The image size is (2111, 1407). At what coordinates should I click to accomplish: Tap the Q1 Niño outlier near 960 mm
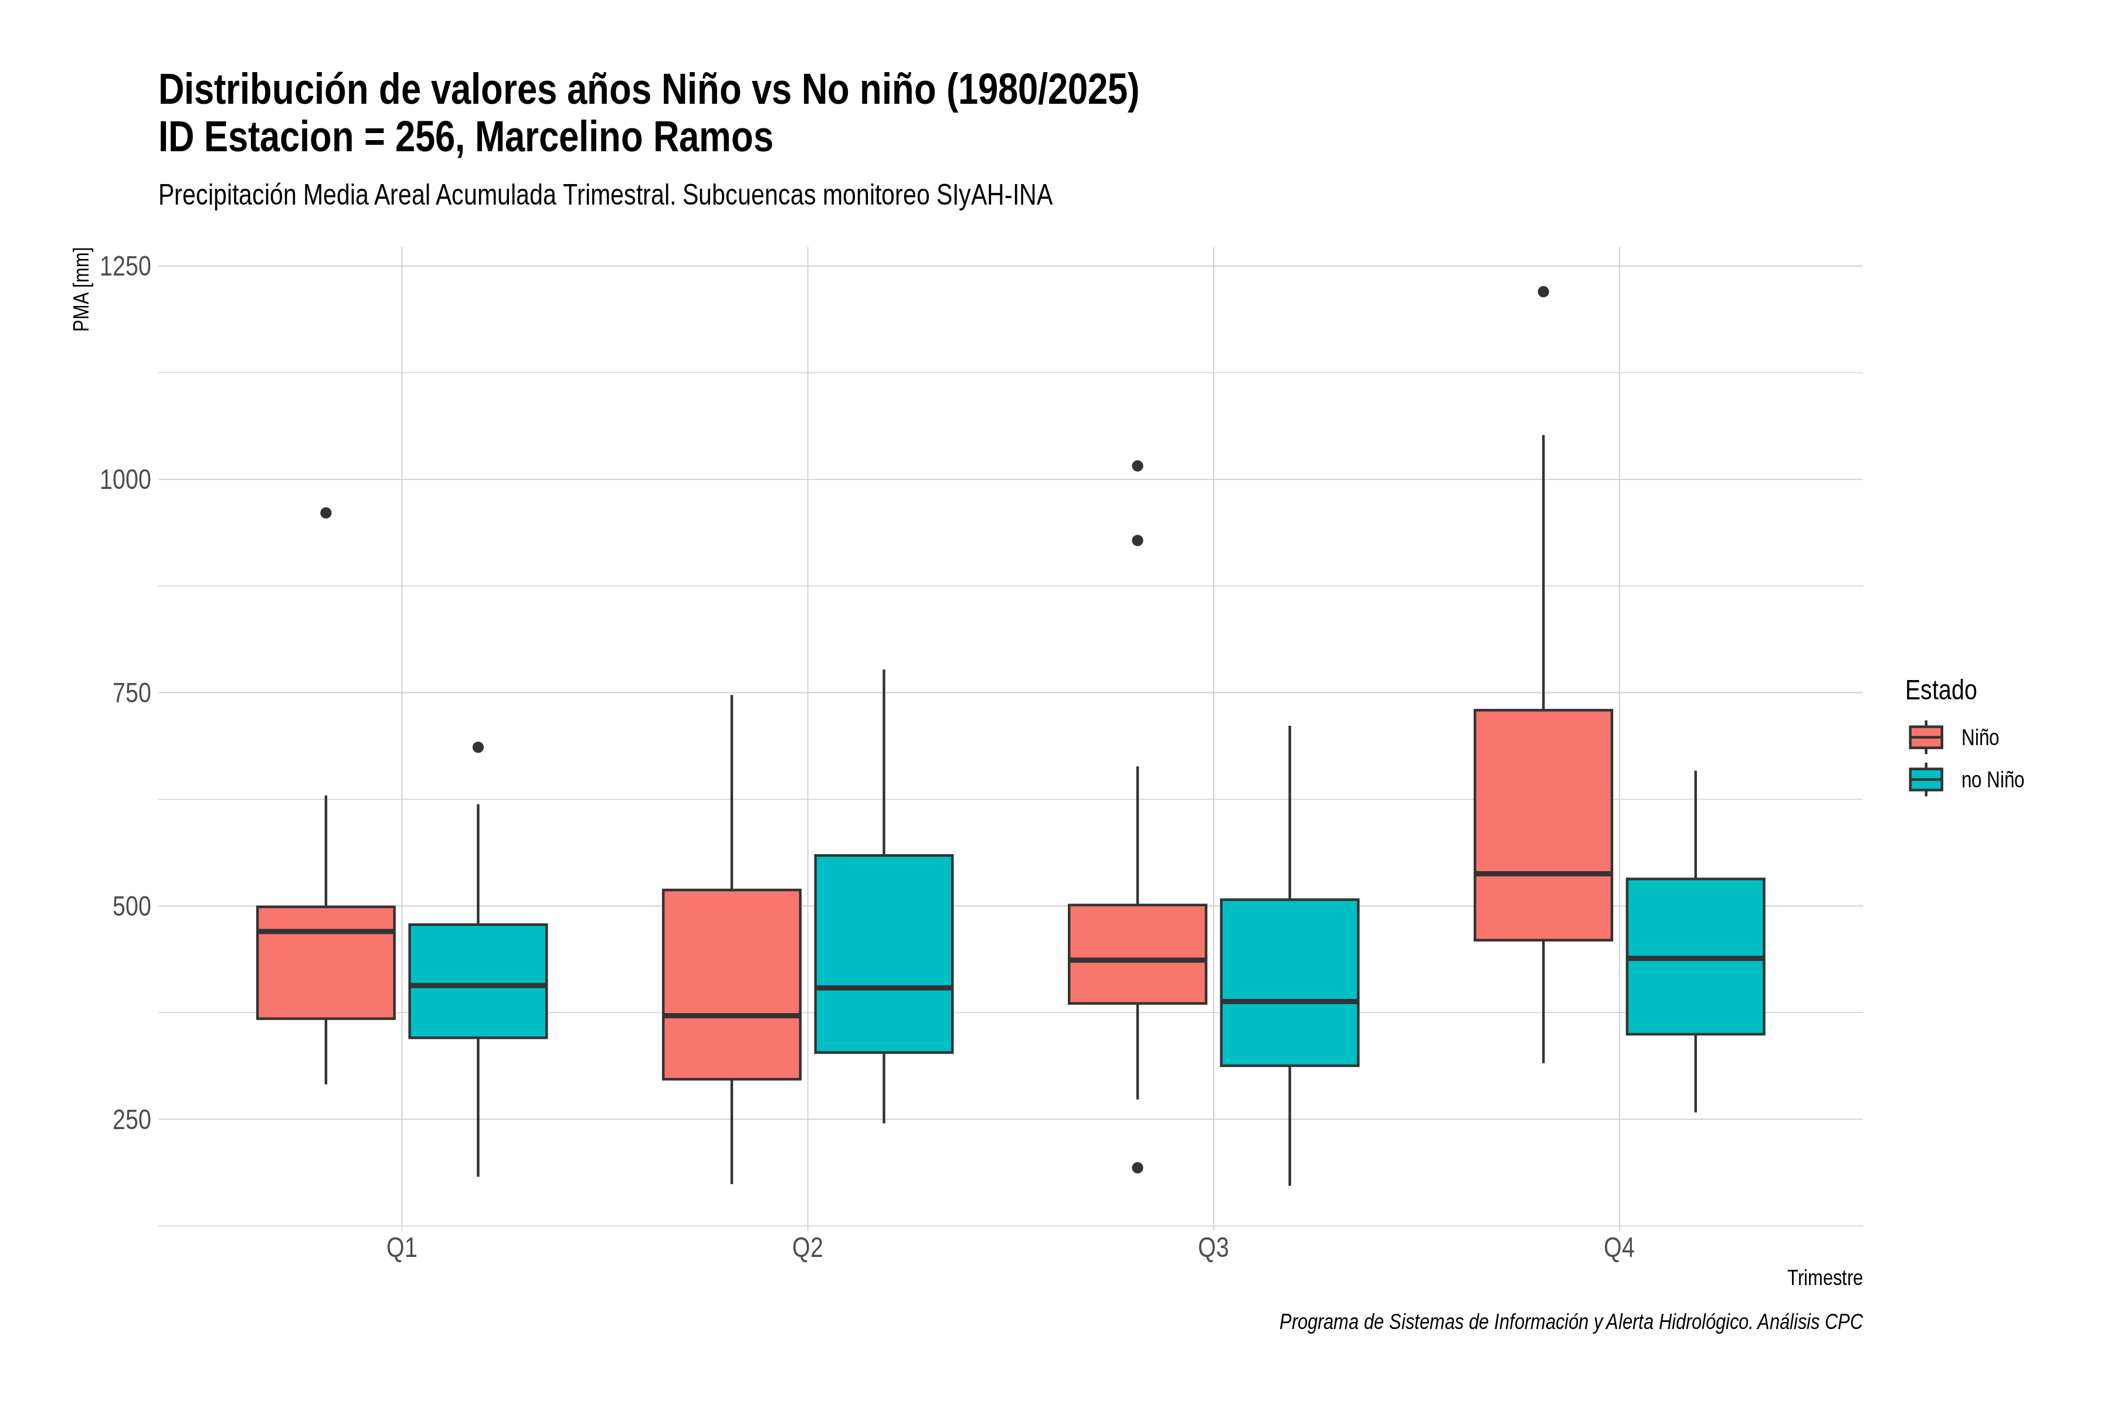[x=326, y=514]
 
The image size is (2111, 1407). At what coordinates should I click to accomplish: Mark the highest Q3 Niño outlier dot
[x=1137, y=465]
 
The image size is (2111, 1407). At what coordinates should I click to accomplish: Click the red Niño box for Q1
[x=326, y=963]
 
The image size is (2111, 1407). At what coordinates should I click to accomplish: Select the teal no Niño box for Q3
[x=1289, y=983]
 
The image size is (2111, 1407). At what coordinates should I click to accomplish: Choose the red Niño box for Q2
[x=731, y=984]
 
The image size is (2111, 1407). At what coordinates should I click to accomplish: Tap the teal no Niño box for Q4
[x=1695, y=957]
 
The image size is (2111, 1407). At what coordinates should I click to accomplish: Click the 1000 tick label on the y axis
[x=125, y=480]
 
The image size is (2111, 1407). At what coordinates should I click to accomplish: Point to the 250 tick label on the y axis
[x=131, y=1120]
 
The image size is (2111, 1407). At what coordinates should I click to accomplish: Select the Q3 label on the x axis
[x=1213, y=1248]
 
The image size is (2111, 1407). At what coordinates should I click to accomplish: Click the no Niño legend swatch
[x=1926, y=780]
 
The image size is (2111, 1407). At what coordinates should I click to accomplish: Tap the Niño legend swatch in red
[x=1926, y=738]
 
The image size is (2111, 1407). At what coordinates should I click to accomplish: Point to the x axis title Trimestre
[x=1825, y=1278]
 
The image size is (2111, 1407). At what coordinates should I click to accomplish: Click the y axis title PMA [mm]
[x=82, y=289]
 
